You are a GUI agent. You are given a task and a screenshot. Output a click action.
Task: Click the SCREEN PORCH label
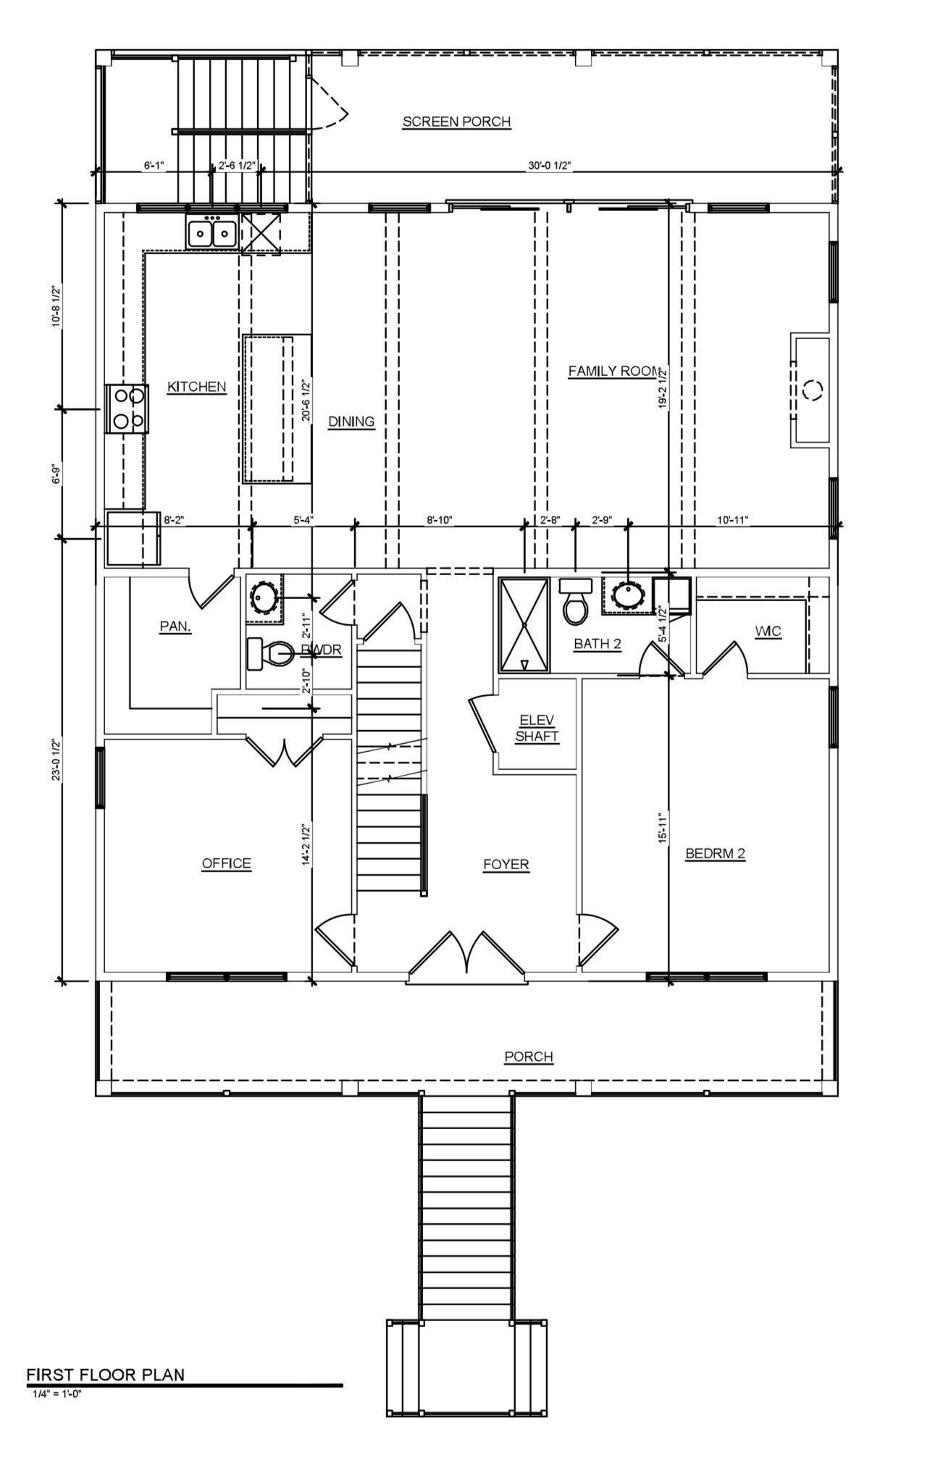pyautogui.click(x=456, y=122)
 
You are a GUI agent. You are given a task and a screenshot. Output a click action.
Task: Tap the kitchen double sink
pyautogui.click(x=211, y=233)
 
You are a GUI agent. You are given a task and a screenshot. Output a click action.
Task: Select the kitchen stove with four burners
pyautogui.click(x=127, y=409)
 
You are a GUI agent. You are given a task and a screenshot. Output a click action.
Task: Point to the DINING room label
pyautogui.click(x=351, y=422)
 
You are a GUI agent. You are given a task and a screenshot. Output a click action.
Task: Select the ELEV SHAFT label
pyautogui.click(x=537, y=728)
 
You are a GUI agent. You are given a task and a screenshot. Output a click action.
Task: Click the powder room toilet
pyautogui.click(x=269, y=653)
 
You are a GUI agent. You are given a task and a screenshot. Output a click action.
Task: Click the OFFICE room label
pyautogui.click(x=226, y=863)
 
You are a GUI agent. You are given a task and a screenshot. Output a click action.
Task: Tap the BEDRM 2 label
pyautogui.click(x=715, y=854)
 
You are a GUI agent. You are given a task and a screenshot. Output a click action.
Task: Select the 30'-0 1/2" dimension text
pyautogui.click(x=550, y=166)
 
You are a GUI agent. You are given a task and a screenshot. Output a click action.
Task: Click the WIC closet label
pyautogui.click(x=768, y=632)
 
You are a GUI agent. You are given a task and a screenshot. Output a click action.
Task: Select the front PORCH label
pyautogui.click(x=529, y=1057)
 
